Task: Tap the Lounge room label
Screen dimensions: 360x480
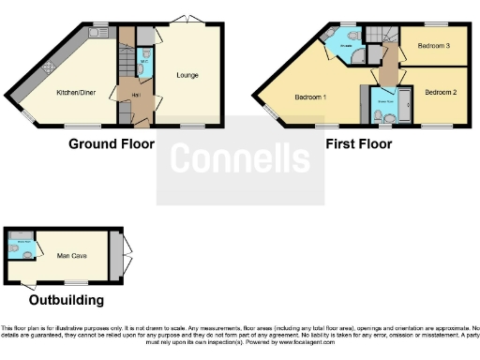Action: (x=186, y=75)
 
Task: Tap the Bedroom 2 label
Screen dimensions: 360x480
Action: (x=440, y=92)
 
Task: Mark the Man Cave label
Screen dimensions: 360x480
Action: (x=72, y=255)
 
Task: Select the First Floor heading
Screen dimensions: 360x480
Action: (x=358, y=144)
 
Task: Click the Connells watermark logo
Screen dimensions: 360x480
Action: (x=240, y=158)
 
